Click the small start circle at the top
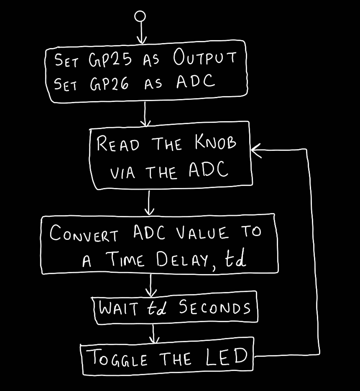click(x=141, y=16)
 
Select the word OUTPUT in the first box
click(x=205, y=58)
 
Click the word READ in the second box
click(x=118, y=144)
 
